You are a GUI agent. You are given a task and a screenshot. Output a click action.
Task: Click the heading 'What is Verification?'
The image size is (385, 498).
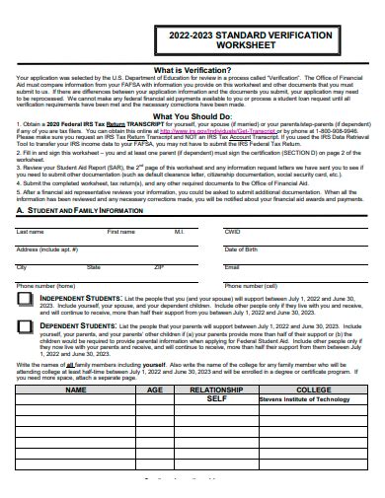(x=193, y=71)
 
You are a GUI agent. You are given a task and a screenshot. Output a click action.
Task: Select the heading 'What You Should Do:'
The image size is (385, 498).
(x=193, y=115)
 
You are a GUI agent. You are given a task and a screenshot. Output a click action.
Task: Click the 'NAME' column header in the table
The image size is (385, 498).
(x=76, y=390)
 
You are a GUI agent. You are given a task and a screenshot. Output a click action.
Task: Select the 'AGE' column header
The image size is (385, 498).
(x=155, y=390)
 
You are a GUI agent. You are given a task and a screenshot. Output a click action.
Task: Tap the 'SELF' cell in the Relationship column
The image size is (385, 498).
(x=216, y=399)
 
